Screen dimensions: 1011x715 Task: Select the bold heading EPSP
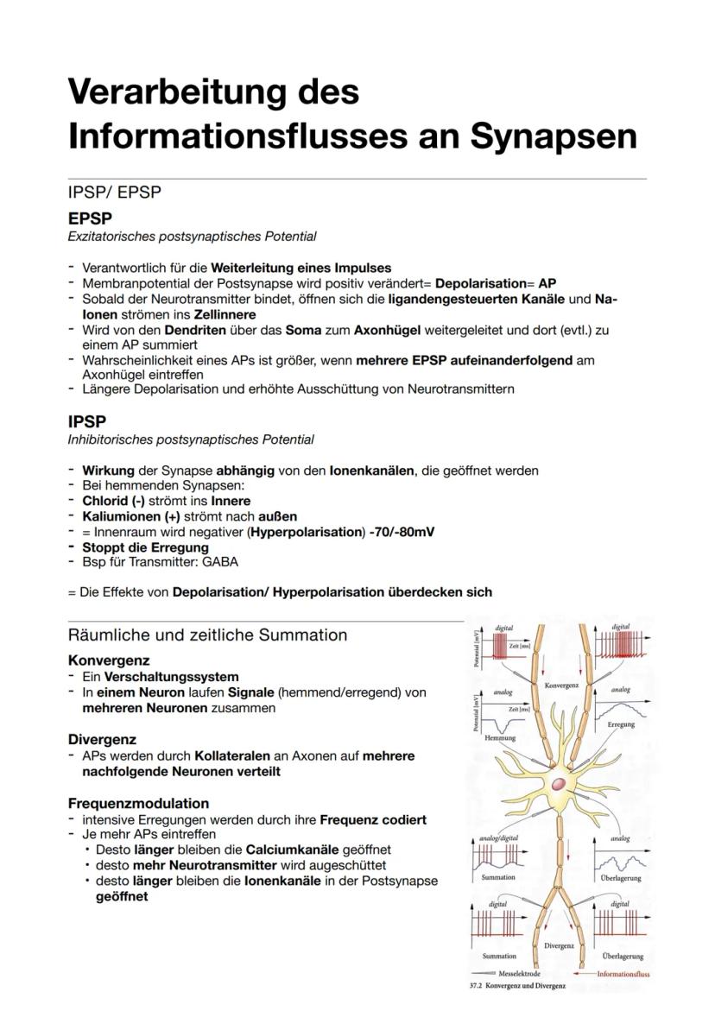click(90, 219)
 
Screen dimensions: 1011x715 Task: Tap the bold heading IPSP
click(87, 421)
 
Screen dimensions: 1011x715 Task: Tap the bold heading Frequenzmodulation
click(138, 803)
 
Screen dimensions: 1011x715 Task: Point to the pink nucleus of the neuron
click(560, 785)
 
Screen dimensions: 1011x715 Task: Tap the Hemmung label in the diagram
click(500, 738)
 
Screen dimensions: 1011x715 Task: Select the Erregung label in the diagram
click(621, 724)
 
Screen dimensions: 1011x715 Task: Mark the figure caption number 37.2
click(475, 986)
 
